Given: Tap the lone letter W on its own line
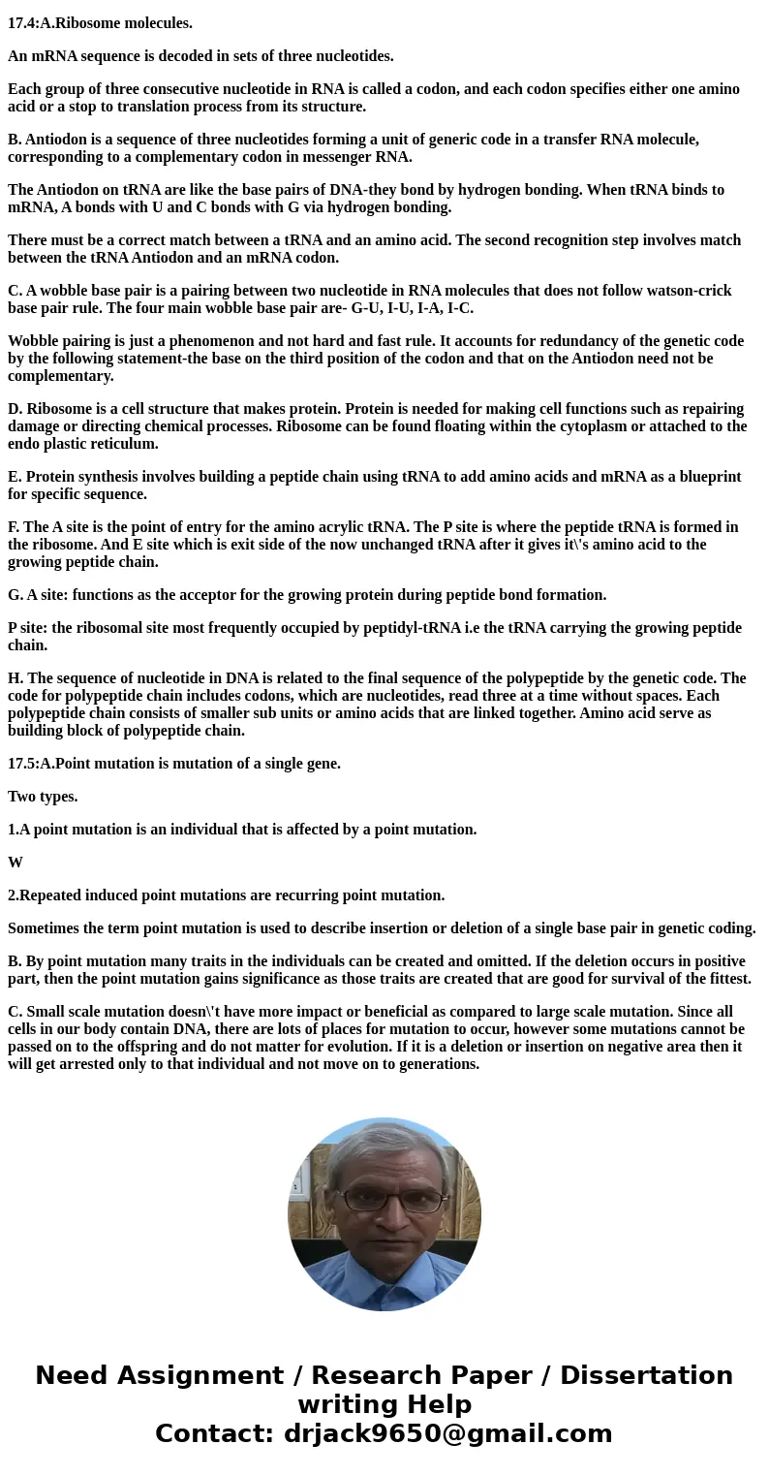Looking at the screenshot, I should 15,863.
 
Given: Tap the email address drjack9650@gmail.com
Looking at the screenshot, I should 447,1433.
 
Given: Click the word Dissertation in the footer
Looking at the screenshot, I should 646,1375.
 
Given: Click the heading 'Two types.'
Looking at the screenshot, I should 43,797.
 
